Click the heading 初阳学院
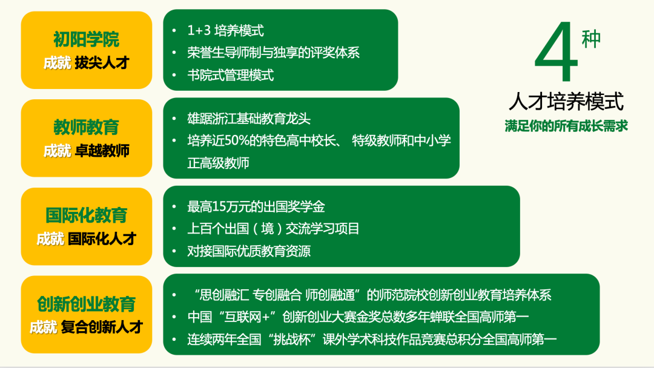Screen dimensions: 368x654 coord(86,40)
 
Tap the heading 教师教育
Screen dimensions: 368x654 coord(86,128)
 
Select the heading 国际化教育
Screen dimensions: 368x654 coord(86,215)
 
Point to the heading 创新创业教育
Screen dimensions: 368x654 coord(86,303)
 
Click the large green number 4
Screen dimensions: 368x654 coord(557,54)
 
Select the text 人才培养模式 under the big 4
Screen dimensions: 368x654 coord(566,101)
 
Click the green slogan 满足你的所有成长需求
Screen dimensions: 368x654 coord(566,126)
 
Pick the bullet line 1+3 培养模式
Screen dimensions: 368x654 coord(225,30)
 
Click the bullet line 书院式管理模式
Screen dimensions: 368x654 coord(230,75)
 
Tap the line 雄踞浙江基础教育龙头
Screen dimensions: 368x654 coord(249,119)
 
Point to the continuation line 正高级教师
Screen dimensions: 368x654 coord(218,163)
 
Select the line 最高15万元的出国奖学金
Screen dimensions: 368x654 coord(256,206)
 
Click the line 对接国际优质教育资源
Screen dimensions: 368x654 coord(249,251)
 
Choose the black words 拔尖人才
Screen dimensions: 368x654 coord(102,62)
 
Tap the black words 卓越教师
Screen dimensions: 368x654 coord(102,150)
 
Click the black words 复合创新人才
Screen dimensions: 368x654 coord(102,327)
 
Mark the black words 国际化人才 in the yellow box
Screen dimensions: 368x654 coord(102,238)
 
